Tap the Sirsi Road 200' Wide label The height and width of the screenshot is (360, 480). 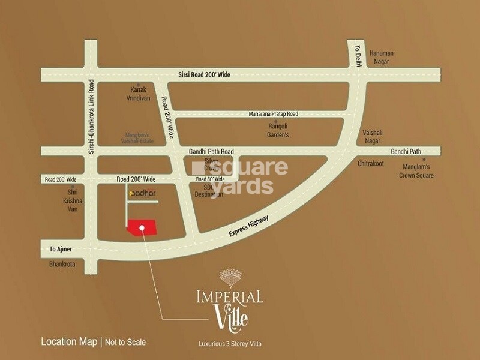pos(214,74)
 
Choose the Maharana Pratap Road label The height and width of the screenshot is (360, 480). pos(273,114)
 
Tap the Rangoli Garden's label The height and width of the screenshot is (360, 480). pos(278,131)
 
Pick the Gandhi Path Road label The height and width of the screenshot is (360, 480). pos(211,152)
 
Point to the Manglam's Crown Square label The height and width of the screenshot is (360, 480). pos(416,171)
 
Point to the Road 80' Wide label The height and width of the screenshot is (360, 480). pos(210,179)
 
